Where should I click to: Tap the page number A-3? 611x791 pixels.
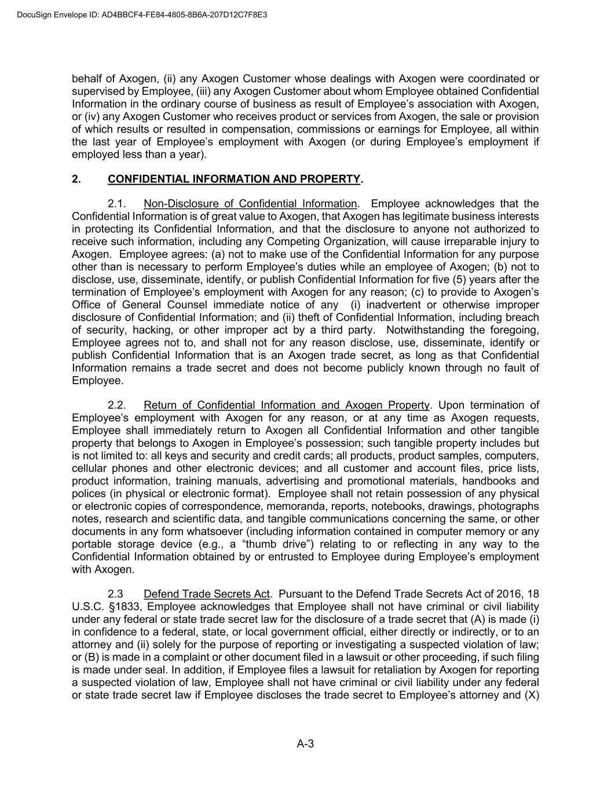point(305,744)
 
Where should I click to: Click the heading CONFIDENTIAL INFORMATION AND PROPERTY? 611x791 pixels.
point(234,179)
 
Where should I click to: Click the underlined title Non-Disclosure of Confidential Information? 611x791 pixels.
point(250,204)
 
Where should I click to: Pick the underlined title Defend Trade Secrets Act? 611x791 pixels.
point(207,595)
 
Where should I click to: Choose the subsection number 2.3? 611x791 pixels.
point(116,595)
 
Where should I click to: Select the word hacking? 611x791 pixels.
point(153,330)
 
